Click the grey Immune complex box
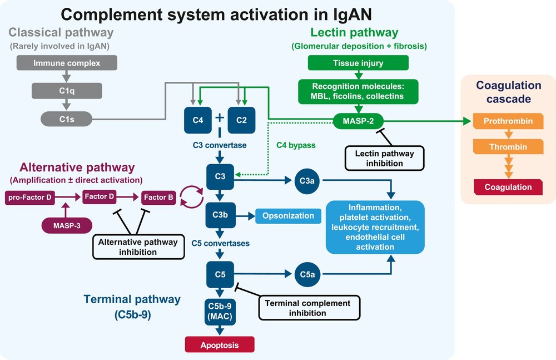click(67, 63)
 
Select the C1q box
click(67, 91)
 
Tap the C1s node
click(67, 119)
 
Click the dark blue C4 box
click(198, 120)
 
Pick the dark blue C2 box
click(241, 120)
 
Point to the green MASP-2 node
click(358, 121)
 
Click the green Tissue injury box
click(358, 63)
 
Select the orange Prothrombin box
click(508, 121)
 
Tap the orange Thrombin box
click(508, 147)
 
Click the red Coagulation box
click(508, 187)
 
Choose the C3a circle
click(307, 181)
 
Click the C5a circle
click(307, 274)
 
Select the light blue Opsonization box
click(288, 216)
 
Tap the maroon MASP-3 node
click(67, 225)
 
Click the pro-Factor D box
click(30, 198)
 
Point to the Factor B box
click(158, 198)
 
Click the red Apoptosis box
click(220, 345)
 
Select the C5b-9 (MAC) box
click(220, 312)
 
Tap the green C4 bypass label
click(296, 145)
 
